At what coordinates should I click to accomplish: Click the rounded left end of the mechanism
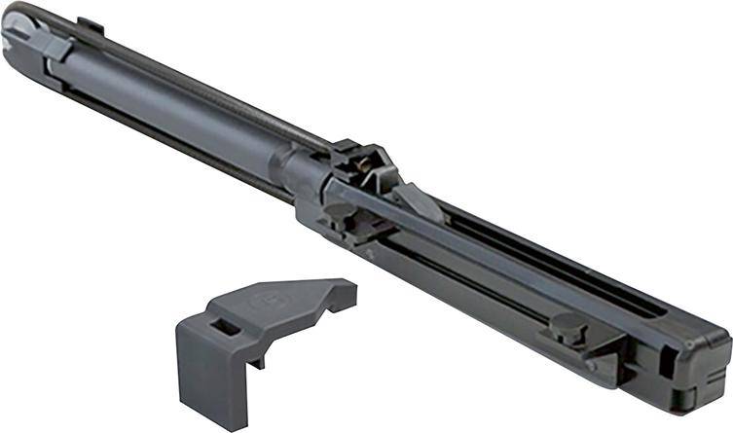coord(18,37)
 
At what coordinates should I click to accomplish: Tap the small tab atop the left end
coord(90,24)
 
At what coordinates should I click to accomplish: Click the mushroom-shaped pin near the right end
coord(568,325)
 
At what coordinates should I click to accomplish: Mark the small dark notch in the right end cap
coord(666,361)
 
